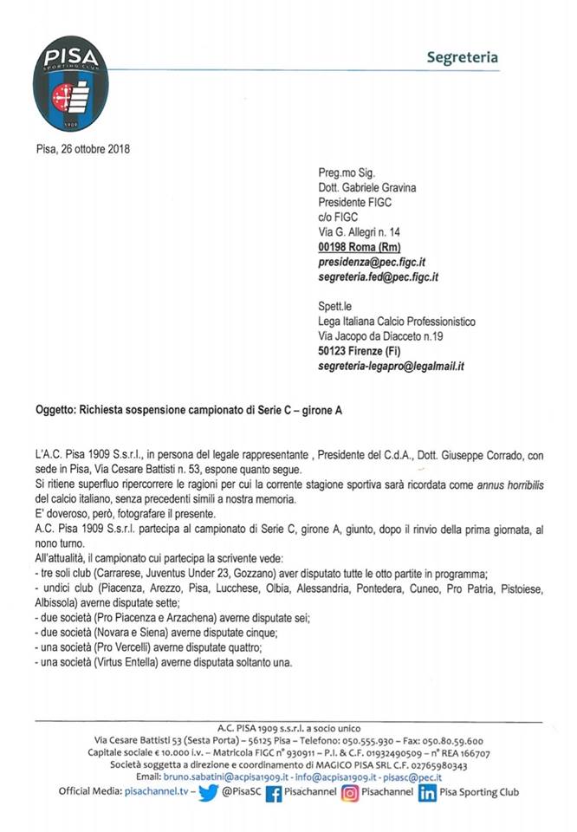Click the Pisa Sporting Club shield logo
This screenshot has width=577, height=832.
pos(71,84)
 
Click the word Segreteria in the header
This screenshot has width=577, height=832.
pos(462,58)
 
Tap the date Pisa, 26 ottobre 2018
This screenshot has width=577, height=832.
pos(84,148)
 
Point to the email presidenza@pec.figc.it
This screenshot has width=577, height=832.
pos(378,261)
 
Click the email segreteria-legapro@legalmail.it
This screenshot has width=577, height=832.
pos(392,367)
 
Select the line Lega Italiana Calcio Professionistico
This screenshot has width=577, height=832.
pos(397,322)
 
